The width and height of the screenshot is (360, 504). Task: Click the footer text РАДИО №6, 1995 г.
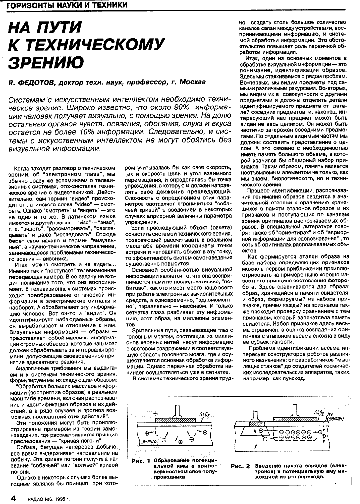49,499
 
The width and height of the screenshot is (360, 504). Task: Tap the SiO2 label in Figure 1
204,415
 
